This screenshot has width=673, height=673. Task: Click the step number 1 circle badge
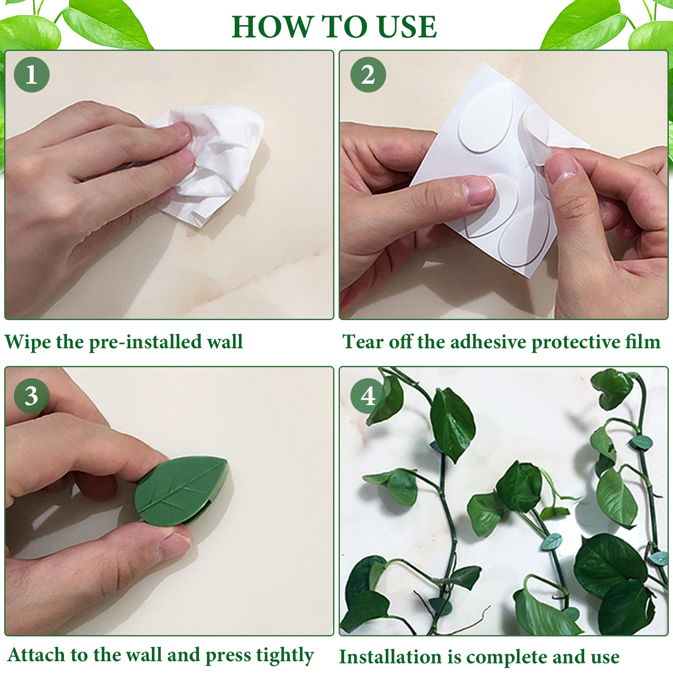[x=32, y=75]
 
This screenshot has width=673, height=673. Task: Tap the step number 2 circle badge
[x=368, y=75]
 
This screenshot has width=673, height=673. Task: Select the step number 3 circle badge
[x=32, y=396]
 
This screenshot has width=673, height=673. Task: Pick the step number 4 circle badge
[x=368, y=396]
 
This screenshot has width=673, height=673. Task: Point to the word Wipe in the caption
[x=28, y=342]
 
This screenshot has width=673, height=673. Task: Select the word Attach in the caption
[x=36, y=654]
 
